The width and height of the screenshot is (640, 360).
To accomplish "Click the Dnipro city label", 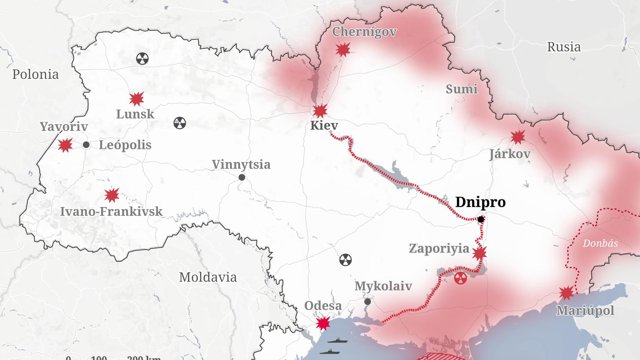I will [x=480, y=202].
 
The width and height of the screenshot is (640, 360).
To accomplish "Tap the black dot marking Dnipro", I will [x=481, y=219].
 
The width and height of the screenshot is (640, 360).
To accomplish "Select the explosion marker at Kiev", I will [x=320, y=111].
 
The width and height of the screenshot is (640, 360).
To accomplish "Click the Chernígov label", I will [x=364, y=31].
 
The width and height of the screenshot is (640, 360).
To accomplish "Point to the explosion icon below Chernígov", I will [x=343, y=49].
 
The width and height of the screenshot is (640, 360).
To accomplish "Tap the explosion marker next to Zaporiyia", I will [x=479, y=254].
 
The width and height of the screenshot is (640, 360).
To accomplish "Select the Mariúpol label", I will [x=585, y=310].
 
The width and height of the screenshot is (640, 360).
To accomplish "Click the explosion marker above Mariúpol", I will [x=566, y=293].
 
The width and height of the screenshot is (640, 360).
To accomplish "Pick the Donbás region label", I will [x=600, y=243].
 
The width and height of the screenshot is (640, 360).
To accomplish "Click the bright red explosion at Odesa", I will [x=323, y=323].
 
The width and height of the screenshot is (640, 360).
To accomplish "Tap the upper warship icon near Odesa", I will [x=337, y=341].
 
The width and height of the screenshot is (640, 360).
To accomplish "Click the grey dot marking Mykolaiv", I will [x=368, y=301].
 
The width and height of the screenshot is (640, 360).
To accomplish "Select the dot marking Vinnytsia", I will [x=242, y=177].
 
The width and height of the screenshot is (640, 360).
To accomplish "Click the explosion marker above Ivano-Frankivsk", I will [x=111, y=195].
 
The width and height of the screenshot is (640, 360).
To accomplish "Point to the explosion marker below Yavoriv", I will [x=65, y=145].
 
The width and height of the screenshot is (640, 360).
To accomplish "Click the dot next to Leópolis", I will [x=86, y=145].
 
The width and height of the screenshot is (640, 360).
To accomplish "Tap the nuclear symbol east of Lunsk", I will [x=180, y=123].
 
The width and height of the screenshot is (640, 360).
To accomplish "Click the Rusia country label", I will [x=563, y=47].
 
